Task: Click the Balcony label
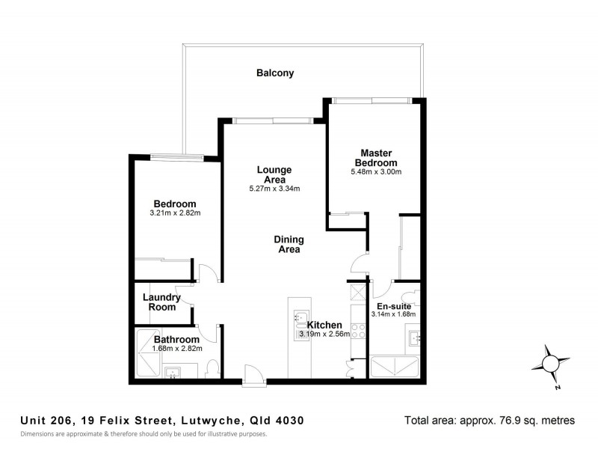275,73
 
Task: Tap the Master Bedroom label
376,158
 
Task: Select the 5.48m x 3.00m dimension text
376,172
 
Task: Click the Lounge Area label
274,175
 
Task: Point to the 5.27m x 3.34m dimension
274,189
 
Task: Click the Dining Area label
289,245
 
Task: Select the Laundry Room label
161,302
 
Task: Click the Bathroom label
176,339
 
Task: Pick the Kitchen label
324,325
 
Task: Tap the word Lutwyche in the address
218,421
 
